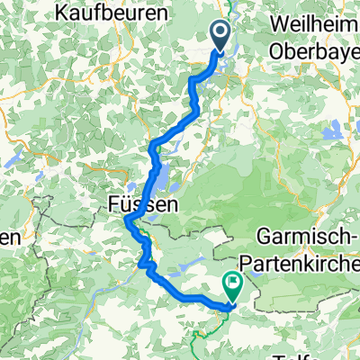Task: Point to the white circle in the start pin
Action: [x=221, y=33]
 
